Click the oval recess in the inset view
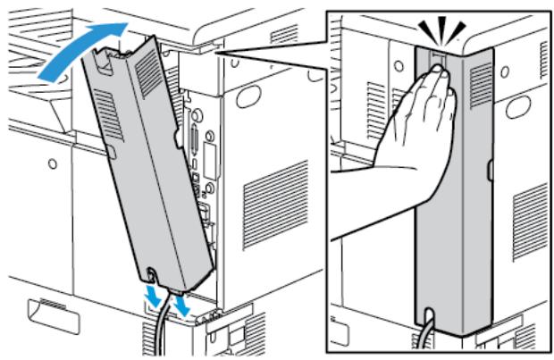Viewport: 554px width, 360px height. click(x=521, y=108)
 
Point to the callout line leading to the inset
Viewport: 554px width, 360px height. click(x=268, y=45)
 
